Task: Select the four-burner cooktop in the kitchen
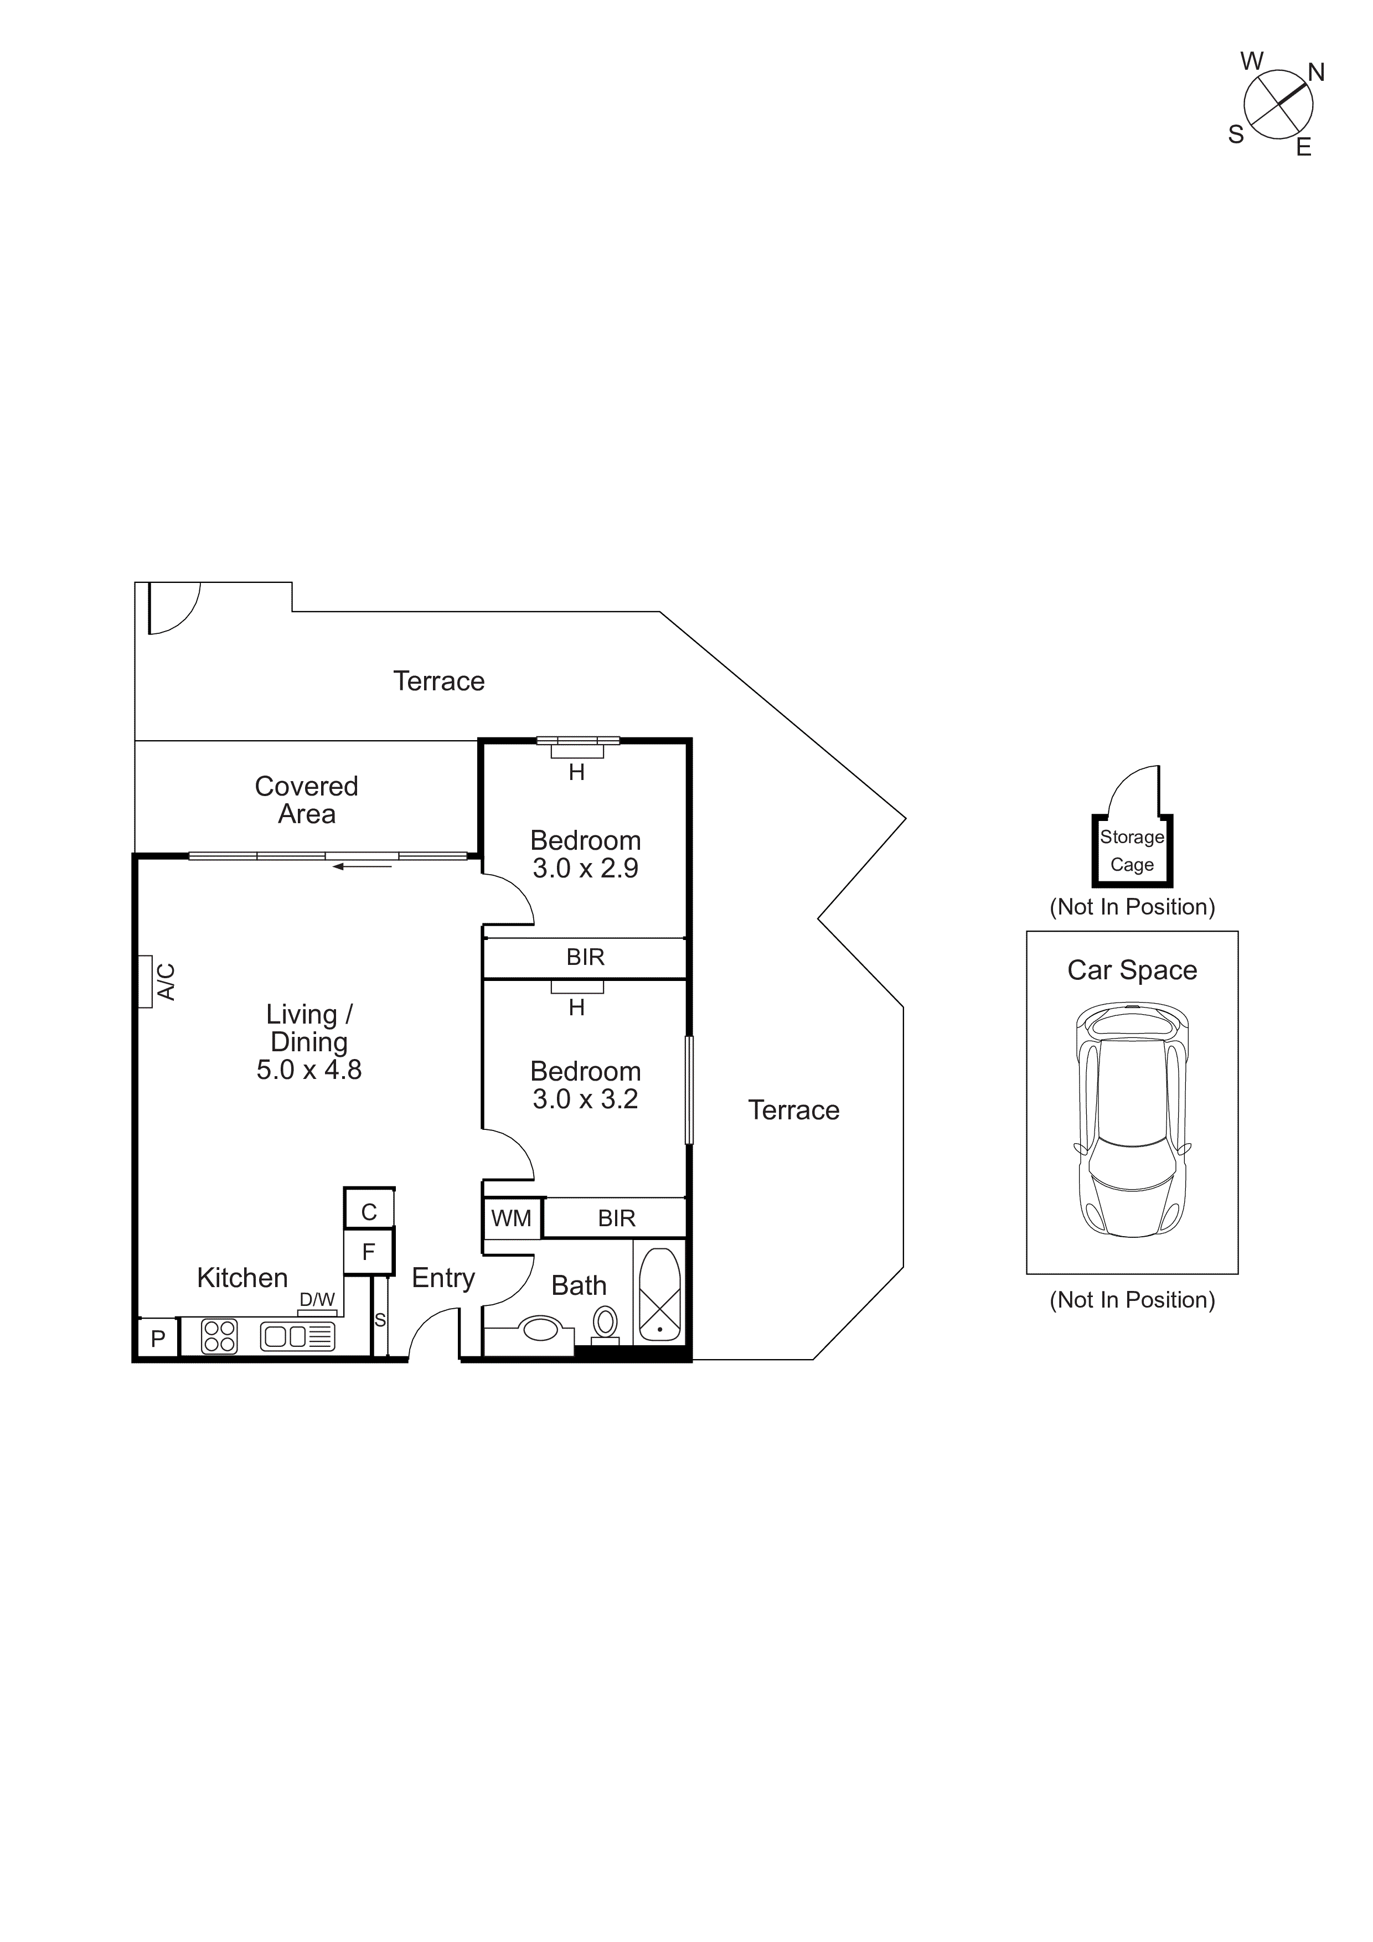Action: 220,1336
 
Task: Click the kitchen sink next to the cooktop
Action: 298,1336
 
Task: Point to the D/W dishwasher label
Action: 317,1300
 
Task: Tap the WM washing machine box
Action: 512,1219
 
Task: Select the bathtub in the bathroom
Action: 660,1294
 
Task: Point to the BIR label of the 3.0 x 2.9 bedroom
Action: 585,958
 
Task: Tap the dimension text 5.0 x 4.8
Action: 309,1070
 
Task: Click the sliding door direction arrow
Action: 362,866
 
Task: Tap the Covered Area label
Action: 306,800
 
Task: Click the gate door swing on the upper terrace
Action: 173,607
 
